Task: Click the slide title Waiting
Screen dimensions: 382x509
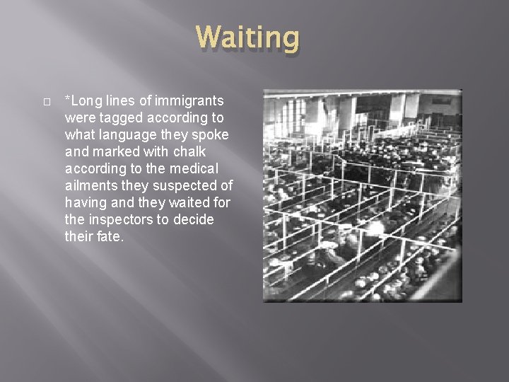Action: point(247,38)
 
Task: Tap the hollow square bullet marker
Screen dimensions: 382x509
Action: point(46,101)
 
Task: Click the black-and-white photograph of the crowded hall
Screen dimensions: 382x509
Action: point(362,195)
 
